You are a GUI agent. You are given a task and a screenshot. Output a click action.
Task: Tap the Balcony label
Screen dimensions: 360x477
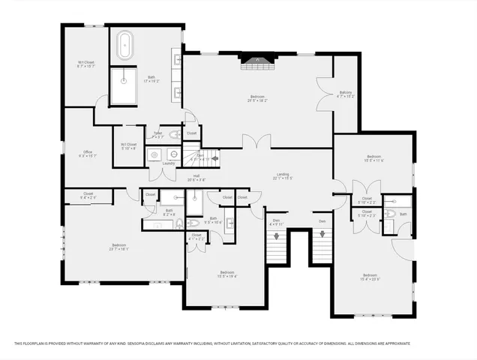[345, 94]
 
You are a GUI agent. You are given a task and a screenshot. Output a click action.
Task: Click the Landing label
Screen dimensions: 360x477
[281, 176]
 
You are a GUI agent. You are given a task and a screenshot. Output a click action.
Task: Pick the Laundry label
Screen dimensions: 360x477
[168, 163]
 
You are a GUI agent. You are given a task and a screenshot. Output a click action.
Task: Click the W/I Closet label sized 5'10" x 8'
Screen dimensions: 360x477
[128, 145]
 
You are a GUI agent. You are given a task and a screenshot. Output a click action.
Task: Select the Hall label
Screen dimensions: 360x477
[196, 178]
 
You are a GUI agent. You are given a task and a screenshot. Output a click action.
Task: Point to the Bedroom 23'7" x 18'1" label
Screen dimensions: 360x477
[118, 247]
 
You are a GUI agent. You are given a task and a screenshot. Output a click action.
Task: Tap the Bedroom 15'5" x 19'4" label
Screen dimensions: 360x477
[227, 274]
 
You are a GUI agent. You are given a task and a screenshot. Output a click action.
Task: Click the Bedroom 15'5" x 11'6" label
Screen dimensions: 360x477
[373, 158]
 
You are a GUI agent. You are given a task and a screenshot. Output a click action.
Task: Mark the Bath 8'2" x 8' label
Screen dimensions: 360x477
[169, 212]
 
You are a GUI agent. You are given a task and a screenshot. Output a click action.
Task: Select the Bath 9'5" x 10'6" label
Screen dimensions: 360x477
[213, 220]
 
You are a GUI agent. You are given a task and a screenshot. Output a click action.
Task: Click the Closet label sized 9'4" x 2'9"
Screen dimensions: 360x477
[87, 195]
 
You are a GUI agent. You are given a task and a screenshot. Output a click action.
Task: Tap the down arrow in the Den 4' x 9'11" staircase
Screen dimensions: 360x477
[277, 235]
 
